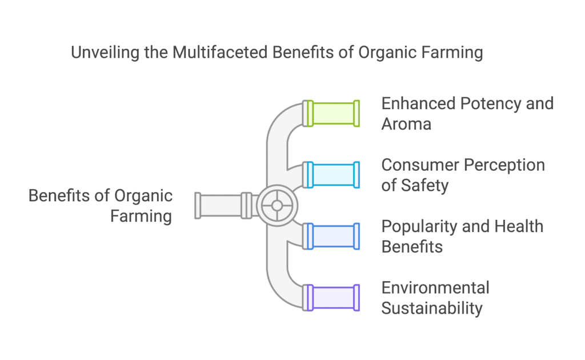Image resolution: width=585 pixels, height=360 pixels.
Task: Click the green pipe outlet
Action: (331, 113)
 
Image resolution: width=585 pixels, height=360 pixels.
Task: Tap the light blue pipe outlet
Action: (331, 175)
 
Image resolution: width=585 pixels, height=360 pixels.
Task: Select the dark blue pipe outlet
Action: (331, 236)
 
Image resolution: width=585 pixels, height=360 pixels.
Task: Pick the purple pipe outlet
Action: (331, 298)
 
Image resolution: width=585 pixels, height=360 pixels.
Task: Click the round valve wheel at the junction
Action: (277, 206)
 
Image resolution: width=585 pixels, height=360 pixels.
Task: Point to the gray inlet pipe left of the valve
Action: (224, 206)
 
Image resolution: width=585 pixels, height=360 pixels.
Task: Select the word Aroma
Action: (406, 124)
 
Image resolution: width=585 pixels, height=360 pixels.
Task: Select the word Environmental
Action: (435, 288)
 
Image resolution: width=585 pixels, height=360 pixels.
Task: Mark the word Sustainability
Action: (432, 309)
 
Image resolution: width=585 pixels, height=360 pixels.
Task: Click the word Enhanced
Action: (418, 103)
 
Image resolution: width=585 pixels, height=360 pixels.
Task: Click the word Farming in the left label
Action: (141, 217)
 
